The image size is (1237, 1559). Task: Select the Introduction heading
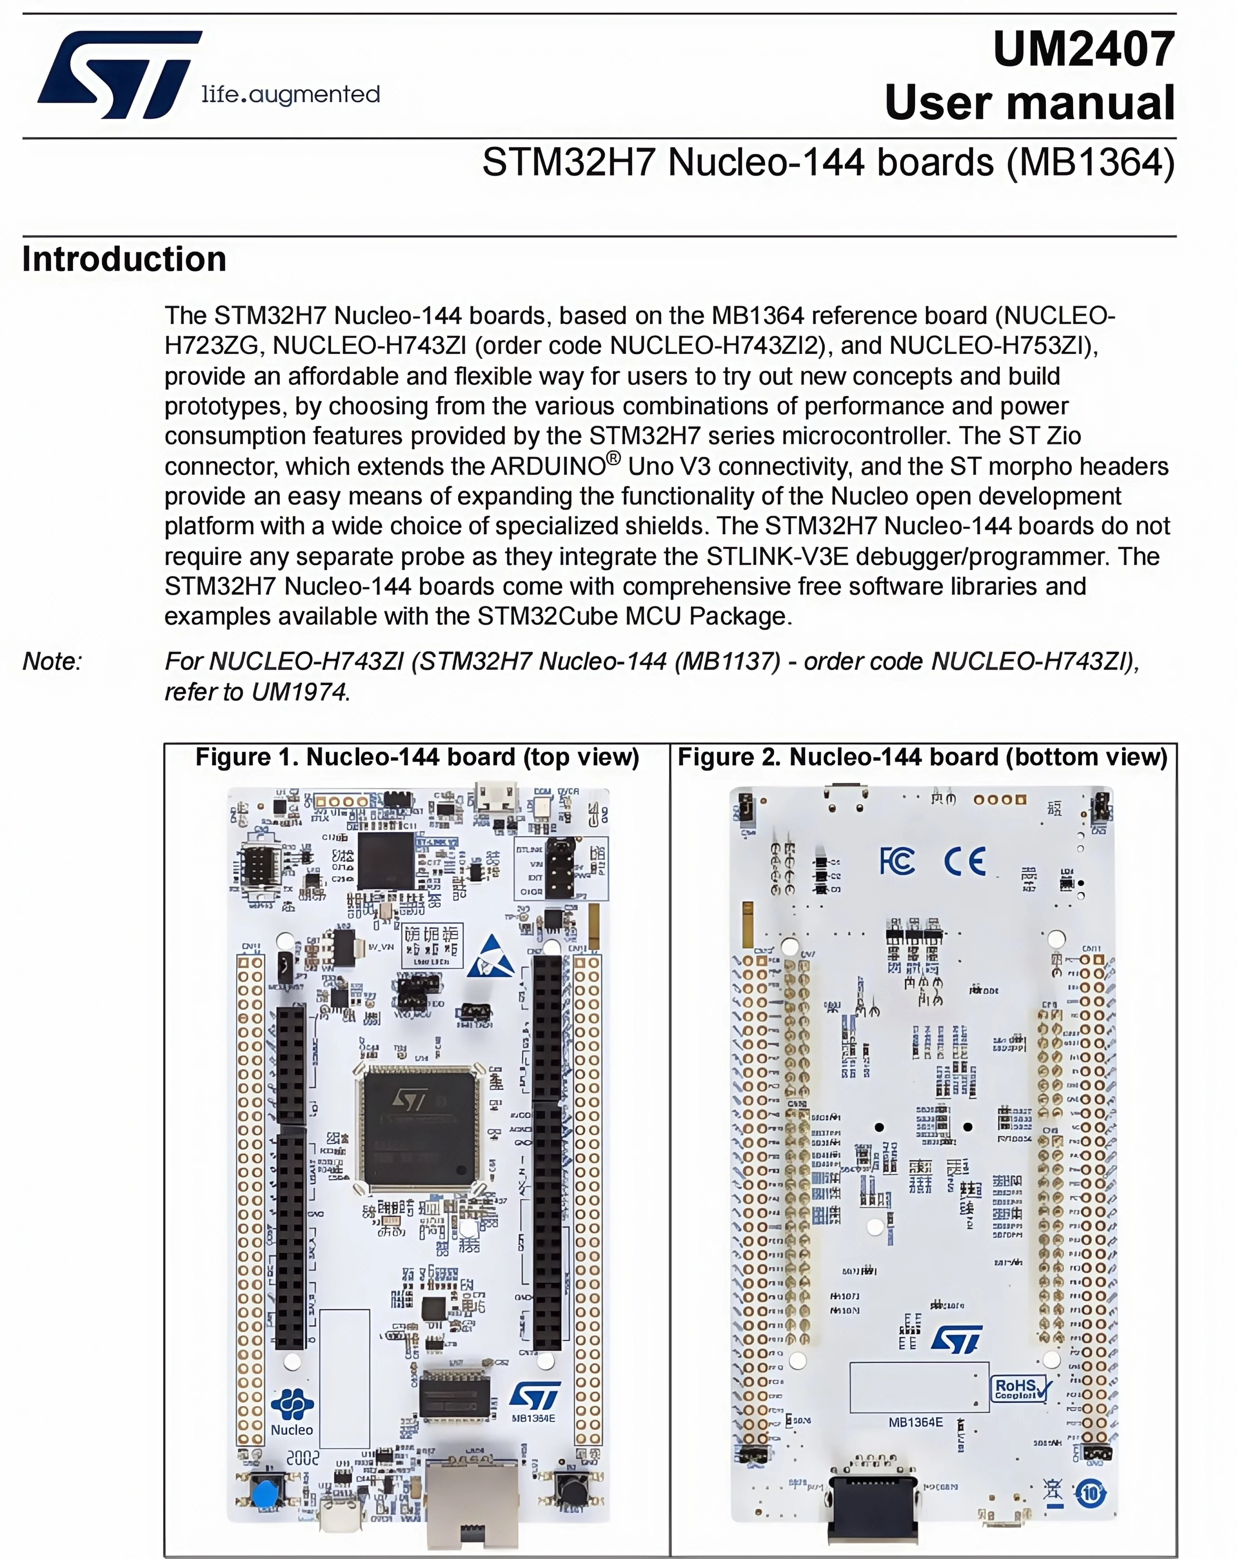(x=124, y=259)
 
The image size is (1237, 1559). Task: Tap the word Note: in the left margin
(x=53, y=661)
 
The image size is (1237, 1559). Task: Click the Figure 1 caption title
(x=417, y=757)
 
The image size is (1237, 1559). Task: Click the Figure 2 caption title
(x=922, y=757)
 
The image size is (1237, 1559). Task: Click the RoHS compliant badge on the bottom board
(x=1020, y=1388)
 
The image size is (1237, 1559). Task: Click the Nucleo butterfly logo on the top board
(x=292, y=1404)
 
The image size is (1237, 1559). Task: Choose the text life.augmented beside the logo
(x=291, y=94)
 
